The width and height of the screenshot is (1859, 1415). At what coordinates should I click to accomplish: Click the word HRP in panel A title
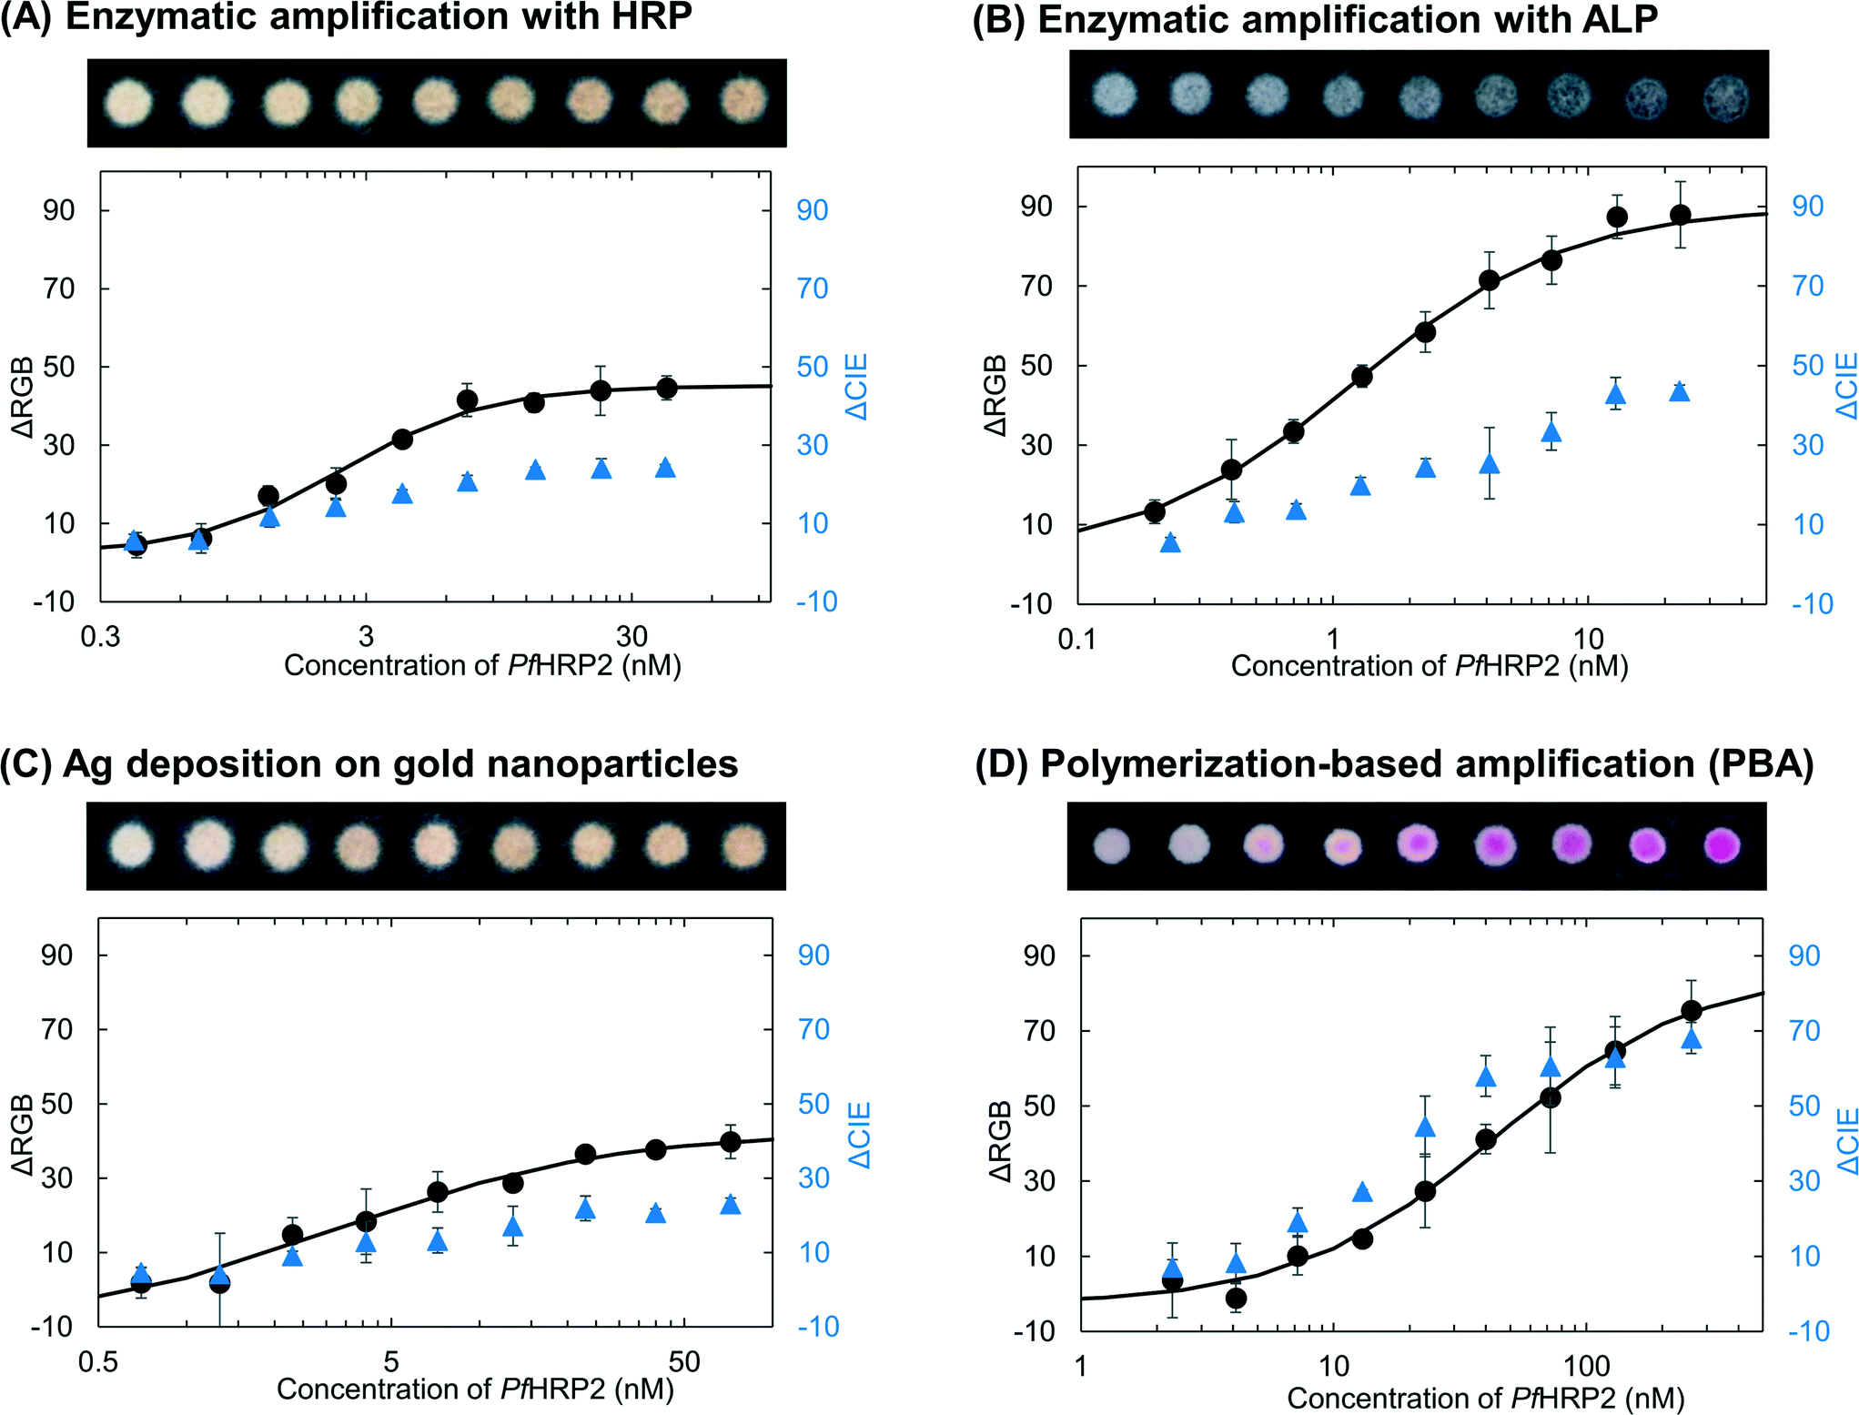click(x=647, y=16)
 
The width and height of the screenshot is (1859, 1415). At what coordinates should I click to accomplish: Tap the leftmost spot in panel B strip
click(x=1114, y=95)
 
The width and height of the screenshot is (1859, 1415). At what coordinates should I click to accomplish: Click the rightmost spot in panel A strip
click(x=743, y=99)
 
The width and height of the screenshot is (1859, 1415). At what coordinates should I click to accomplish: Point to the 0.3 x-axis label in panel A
click(x=100, y=636)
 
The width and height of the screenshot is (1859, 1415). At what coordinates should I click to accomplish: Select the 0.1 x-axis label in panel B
click(x=1077, y=639)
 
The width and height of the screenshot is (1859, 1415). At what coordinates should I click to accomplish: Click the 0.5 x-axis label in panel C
click(x=98, y=1362)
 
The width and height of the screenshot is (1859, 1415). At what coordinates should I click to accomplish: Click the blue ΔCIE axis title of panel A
click(x=856, y=387)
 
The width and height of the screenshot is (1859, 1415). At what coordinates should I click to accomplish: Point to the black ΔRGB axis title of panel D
click(x=999, y=1141)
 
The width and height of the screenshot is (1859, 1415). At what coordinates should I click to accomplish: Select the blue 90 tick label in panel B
click(x=1807, y=206)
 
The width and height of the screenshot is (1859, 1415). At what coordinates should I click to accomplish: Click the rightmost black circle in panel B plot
click(x=1680, y=216)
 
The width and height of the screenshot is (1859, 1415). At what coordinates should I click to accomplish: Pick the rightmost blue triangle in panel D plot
click(x=1691, y=1039)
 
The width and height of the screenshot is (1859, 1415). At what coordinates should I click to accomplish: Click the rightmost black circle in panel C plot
click(x=730, y=1141)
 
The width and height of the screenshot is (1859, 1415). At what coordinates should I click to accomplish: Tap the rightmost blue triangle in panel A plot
click(x=665, y=468)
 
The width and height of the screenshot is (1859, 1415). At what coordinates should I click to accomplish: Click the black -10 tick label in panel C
click(x=52, y=1327)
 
